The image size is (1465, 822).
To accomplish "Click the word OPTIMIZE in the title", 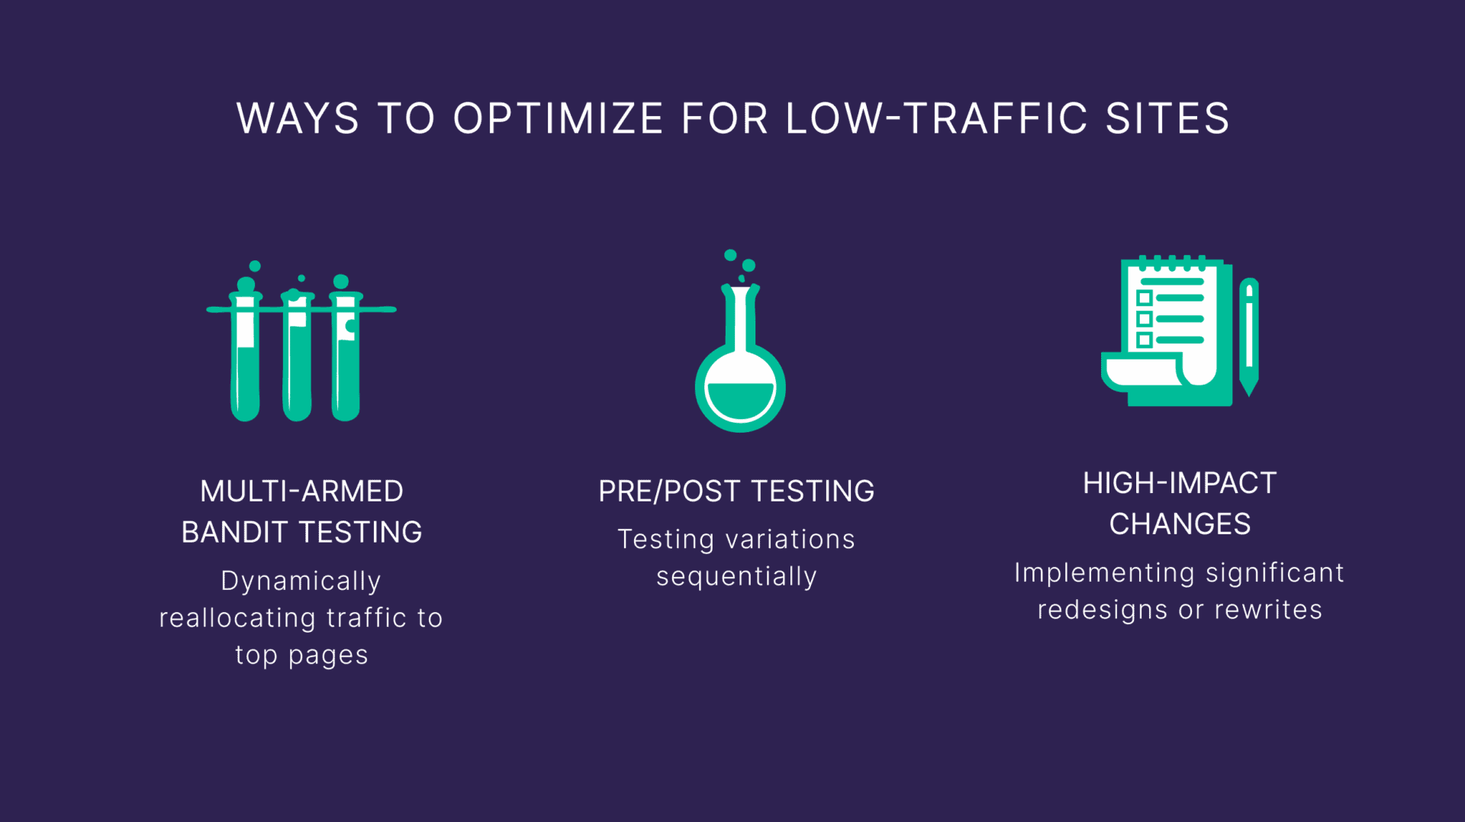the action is [x=558, y=118].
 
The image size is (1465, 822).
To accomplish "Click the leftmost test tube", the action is [x=245, y=350].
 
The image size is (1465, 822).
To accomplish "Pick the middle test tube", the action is [x=297, y=355].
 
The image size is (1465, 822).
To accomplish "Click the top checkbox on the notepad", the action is [x=1145, y=298].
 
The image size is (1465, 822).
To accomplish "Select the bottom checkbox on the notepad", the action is [x=1145, y=340].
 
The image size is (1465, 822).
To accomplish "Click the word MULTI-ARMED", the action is [x=301, y=492].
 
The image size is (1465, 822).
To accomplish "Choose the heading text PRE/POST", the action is [x=669, y=492].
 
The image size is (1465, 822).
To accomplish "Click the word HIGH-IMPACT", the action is [x=1180, y=483].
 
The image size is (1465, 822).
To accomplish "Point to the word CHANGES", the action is [x=1180, y=524].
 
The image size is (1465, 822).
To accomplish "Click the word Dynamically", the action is [x=301, y=582].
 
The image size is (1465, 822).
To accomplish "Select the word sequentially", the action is [x=736, y=577].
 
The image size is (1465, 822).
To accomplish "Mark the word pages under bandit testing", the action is [x=328, y=656].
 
